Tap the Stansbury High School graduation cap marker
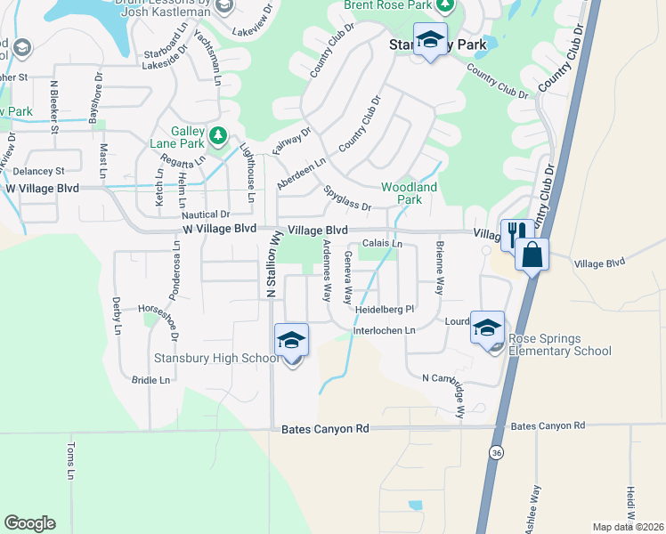click(291, 342)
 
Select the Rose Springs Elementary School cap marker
click(488, 329)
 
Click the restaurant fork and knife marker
click(516, 235)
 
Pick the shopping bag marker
click(532, 255)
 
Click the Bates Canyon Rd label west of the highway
click(324, 429)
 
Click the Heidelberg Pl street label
click(385, 309)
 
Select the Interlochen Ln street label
click(385, 331)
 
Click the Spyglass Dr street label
click(347, 199)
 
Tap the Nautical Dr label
click(206, 214)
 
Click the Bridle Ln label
click(150, 380)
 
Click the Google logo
click(29, 523)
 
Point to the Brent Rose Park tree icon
click(449, 6)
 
